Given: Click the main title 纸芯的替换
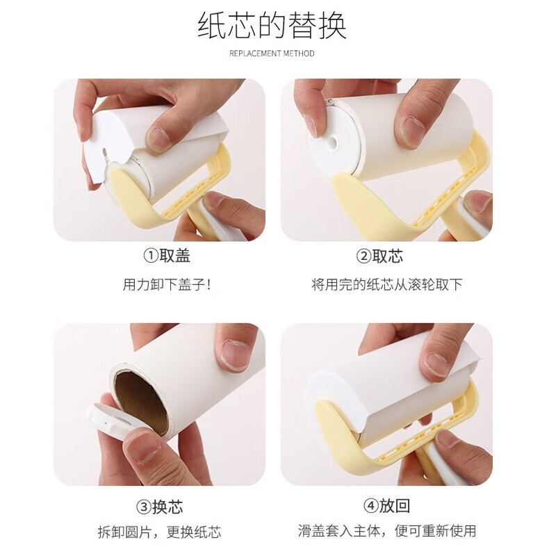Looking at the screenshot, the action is pyautogui.click(x=272, y=26).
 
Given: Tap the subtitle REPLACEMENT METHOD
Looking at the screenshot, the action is pyautogui.click(x=272, y=54).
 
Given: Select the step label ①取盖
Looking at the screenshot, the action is pyautogui.click(x=167, y=256).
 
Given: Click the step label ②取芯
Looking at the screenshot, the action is pyautogui.click(x=379, y=256).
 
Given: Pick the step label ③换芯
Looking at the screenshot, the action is pyautogui.click(x=160, y=507).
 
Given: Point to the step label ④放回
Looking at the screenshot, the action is pyautogui.click(x=387, y=506).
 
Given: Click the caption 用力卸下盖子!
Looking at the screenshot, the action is pyautogui.click(x=167, y=284).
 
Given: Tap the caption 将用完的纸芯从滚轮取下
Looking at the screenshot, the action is pyautogui.click(x=387, y=284).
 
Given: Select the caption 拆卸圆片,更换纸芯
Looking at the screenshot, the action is pyautogui.click(x=160, y=532).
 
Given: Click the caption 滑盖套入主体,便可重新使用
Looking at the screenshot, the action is pyautogui.click(x=387, y=531).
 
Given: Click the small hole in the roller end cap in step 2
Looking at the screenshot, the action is pyautogui.click(x=332, y=143).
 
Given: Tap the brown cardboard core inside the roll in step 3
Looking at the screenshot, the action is pyautogui.click(x=141, y=402).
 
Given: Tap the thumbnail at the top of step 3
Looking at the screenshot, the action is pyautogui.click(x=235, y=354).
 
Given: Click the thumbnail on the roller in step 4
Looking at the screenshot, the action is pyautogui.click(x=437, y=364).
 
